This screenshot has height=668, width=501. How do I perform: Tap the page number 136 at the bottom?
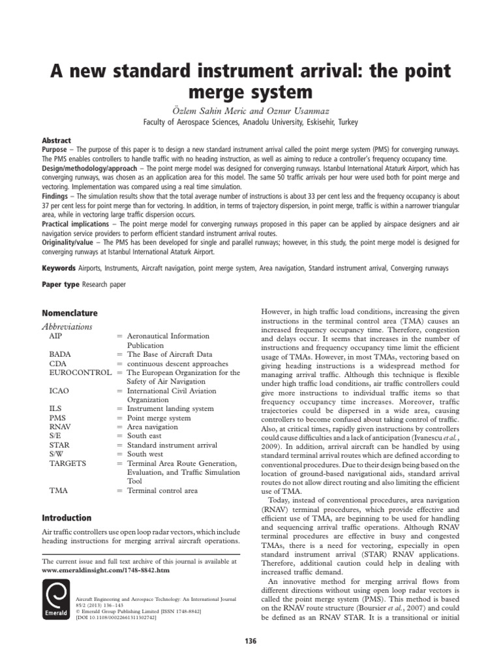tap(250, 641)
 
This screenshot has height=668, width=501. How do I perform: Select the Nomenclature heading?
tap(70, 313)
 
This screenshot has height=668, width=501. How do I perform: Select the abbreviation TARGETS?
tap(68, 463)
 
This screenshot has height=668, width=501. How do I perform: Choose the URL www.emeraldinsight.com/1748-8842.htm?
tap(105, 569)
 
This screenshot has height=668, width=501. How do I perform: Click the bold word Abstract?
tap(57, 140)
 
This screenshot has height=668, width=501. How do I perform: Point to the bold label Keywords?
tap(59, 267)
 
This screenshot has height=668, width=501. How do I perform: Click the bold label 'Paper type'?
tap(61, 284)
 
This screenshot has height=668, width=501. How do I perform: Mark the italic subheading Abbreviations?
tap(67, 327)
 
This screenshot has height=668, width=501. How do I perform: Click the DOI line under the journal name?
tap(126, 616)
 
